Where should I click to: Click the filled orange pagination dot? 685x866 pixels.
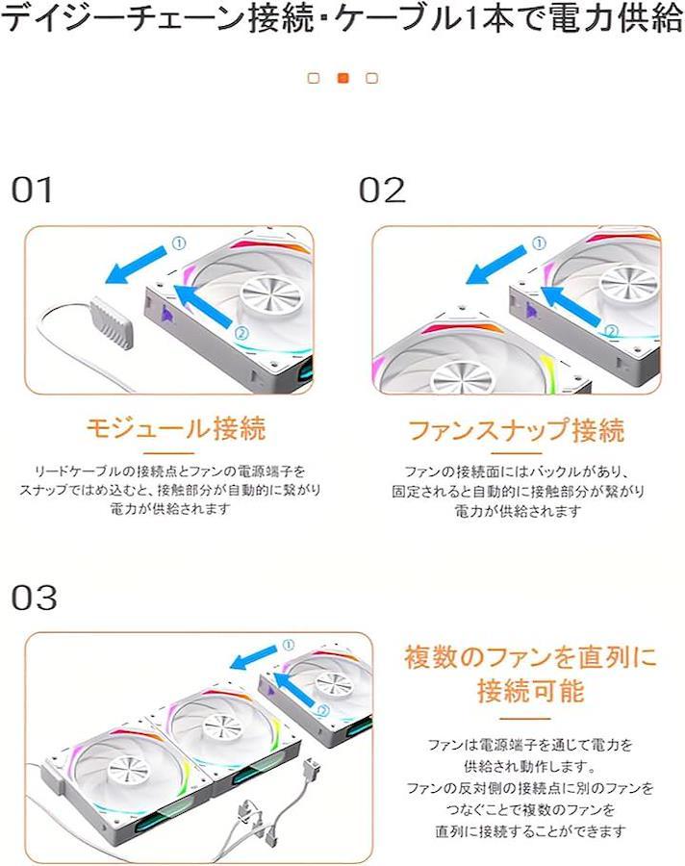(343, 79)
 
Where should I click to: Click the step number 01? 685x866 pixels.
(32, 190)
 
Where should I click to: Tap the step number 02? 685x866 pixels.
(382, 190)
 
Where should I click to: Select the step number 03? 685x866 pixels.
(35, 598)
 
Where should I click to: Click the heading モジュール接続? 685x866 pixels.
(176, 428)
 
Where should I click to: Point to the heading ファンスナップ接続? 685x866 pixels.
(517, 430)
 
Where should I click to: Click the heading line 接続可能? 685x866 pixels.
(530, 690)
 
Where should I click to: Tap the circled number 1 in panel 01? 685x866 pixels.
(179, 243)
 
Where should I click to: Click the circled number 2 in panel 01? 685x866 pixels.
(241, 333)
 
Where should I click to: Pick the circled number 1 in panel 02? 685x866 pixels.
(539, 243)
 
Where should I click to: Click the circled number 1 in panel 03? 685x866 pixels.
(289, 645)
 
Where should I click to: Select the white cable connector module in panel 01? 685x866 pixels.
(113, 322)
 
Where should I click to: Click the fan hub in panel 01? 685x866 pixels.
(270, 298)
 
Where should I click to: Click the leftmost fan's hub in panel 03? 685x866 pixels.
(129, 771)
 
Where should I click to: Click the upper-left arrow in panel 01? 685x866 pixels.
(136, 266)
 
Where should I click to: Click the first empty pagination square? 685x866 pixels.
(314, 79)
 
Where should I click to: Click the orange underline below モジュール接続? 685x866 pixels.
(176, 453)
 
